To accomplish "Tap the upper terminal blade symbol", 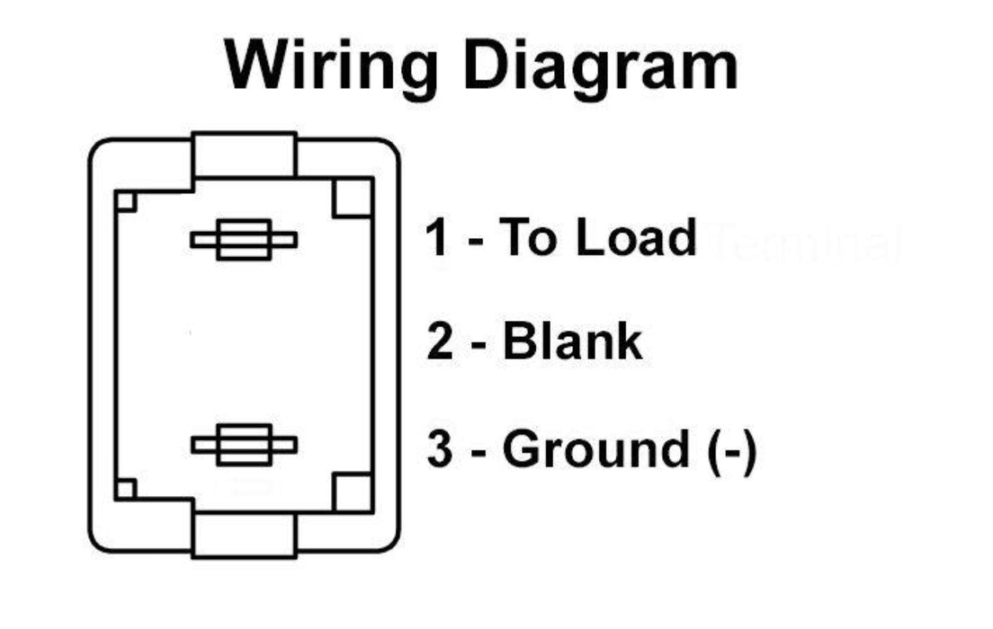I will coord(244,240).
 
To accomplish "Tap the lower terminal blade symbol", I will coord(244,445).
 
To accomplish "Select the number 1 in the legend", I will coord(436,238).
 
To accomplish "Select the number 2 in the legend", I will coord(440,342).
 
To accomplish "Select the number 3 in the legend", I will coord(440,449).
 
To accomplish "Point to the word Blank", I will coord(572,342).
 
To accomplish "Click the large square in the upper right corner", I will coord(353,198).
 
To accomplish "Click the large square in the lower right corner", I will coord(353,491).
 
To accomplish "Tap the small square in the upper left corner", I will coord(126,201).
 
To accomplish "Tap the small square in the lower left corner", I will coord(126,490).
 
